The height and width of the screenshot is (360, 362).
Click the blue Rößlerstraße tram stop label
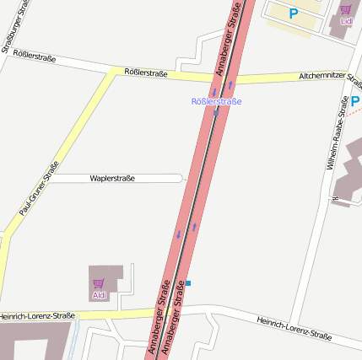217,102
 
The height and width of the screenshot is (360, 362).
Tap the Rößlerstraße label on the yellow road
145,73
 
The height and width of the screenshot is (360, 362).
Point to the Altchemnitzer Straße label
330,79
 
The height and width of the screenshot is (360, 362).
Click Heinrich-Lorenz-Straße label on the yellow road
37,316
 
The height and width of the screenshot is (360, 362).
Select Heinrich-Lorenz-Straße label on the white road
294,328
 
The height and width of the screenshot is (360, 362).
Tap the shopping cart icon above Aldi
98,283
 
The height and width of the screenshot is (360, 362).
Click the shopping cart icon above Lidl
345,10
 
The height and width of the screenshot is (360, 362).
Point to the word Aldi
100,296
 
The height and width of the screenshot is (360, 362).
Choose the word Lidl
346,21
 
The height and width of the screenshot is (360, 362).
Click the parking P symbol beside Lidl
294,13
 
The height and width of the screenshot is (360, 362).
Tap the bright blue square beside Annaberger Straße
188,283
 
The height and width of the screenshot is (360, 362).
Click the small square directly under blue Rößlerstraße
215,113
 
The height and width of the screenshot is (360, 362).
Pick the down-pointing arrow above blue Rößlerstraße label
214,92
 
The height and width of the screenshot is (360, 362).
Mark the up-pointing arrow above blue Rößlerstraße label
230,85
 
